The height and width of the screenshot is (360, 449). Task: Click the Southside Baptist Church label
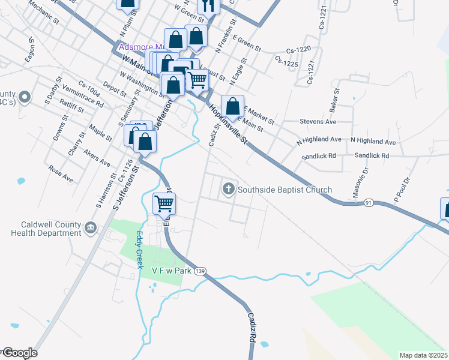[285, 190]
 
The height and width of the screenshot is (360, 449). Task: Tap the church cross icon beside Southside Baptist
[228, 190]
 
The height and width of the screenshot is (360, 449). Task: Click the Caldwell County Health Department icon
[91, 227]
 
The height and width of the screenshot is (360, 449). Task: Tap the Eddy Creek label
[139, 250]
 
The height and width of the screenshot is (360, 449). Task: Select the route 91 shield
[369, 203]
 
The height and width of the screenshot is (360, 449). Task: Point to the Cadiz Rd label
[253, 328]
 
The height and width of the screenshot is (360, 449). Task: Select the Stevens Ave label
[318, 121]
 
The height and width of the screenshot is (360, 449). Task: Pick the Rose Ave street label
[61, 174]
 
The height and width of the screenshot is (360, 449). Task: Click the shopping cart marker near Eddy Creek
[164, 204]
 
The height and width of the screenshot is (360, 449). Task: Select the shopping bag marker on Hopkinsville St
[232, 107]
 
